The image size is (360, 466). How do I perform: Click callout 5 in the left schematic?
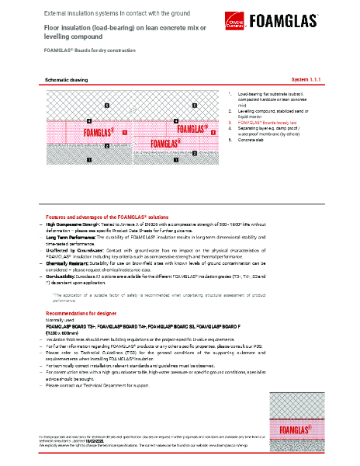[x=106, y=103]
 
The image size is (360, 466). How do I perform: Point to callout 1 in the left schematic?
[x=88, y=159]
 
